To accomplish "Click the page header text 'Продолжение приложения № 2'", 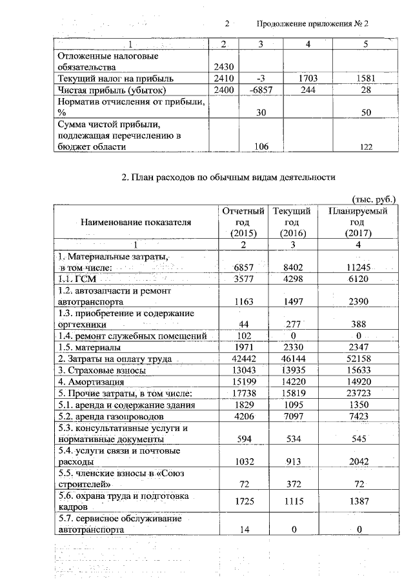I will [312, 24].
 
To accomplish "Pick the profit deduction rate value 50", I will [365, 112].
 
